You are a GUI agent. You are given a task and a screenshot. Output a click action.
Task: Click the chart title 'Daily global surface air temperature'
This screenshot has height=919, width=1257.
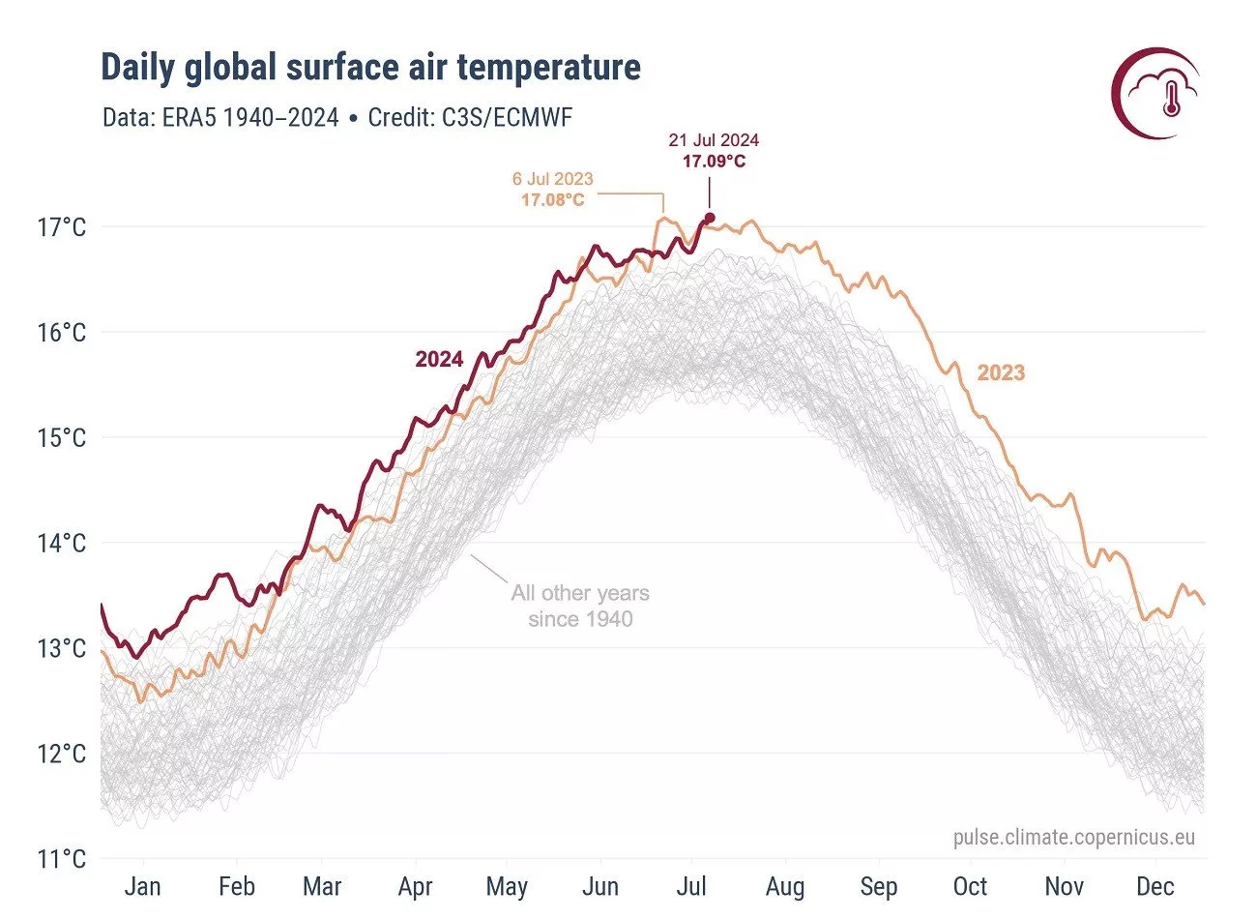[370, 68]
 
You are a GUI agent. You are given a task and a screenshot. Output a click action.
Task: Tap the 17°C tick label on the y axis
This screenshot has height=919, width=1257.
[62, 228]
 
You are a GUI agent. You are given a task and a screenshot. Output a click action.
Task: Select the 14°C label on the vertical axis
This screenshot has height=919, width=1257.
[62, 544]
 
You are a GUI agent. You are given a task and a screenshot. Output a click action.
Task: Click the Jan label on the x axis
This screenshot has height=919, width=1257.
[143, 887]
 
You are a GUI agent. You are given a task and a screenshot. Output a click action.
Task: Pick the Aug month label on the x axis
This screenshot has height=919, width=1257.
[785, 887]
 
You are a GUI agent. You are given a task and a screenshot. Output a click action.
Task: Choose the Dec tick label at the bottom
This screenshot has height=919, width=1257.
[1155, 887]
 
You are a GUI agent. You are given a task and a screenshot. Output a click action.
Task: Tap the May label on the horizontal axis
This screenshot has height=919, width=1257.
[507, 887]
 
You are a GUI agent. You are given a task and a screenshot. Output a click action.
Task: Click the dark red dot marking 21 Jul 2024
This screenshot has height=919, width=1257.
[710, 218]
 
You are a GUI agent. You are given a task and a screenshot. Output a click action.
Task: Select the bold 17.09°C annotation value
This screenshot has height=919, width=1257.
[714, 162]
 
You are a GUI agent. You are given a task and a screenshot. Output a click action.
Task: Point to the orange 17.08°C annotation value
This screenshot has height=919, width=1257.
[553, 200]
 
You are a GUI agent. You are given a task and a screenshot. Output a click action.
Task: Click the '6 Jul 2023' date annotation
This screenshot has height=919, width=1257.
[553, 180]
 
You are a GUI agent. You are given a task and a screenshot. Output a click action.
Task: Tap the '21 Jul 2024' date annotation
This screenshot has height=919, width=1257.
[714, 141]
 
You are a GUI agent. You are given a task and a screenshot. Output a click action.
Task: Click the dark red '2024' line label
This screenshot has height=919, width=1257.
[439, 360]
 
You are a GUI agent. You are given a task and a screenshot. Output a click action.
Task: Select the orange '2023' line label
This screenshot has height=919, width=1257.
[1001, 373]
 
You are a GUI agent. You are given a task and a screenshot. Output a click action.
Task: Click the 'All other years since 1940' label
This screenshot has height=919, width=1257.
[580, 607]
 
